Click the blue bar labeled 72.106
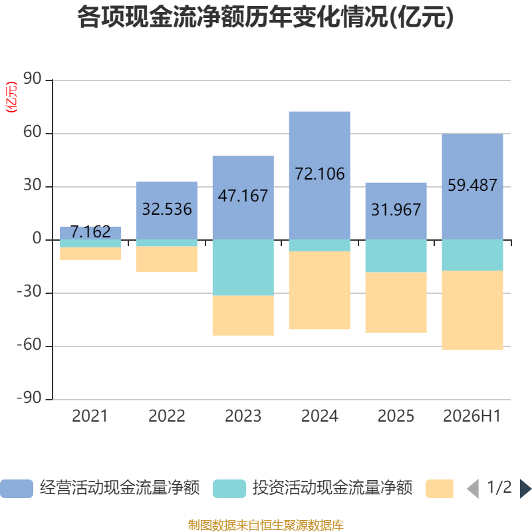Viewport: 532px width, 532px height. (320, 176)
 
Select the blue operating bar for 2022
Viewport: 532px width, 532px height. (167, 211)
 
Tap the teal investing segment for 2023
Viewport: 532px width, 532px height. (243, 268)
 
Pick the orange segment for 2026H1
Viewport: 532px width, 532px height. (472, 310)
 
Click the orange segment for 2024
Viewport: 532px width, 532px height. (320, 290)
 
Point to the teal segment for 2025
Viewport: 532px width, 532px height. (396, 256)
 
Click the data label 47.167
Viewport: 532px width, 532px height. (243, 196)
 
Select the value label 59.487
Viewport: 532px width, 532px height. (472, 186)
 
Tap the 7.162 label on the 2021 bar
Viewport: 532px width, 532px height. (90, 231)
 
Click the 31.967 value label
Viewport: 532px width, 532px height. (396, 209)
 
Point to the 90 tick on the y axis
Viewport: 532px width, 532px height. (32, 78)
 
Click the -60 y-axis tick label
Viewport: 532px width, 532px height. (29, 344)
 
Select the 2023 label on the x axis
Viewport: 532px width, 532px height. (243, 416)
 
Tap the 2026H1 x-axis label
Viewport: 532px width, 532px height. (472, 416)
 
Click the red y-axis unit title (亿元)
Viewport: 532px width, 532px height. (11, 97)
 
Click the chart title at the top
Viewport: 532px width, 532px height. (265, 17)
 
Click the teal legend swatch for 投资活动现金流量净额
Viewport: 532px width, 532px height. (229, 489)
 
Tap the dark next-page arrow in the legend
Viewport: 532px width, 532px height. (525, 489)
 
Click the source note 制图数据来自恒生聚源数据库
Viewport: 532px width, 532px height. (266, 525)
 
